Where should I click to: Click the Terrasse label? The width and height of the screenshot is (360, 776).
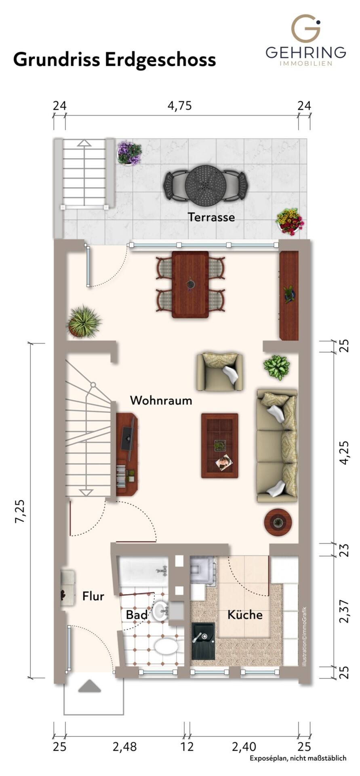[x=211, y=217]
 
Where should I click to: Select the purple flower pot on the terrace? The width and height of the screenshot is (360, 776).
[x=129, y=153]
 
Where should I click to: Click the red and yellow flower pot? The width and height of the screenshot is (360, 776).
[x=290, y=221]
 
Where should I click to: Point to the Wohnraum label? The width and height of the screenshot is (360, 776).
[x=161, y=401]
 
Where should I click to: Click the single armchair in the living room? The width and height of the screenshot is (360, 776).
[x=220, y=372]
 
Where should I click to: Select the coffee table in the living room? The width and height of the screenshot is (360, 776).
[x=220, y=445]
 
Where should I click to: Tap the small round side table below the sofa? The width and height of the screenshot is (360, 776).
[x=278, y=522]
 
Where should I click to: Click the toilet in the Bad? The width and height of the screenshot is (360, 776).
[x=166, y=645]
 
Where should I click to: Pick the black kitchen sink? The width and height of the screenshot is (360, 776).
[x=203, y=638]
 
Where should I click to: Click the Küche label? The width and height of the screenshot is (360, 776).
[x=245, y=615]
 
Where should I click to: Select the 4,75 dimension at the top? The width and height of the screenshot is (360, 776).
[x=180, y=106]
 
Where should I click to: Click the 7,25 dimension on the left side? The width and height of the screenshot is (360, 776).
[x=20, y=512]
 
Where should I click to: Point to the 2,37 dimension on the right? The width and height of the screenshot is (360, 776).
[x=344, y=611]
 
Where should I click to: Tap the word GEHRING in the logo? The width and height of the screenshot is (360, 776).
[x=306, y=52]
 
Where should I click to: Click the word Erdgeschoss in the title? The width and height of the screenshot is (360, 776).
[x=160, y=60]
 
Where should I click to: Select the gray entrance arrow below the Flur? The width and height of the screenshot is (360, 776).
[x=89, y=686]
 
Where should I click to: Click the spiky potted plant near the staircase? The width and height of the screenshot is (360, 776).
[x=84, y=322]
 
